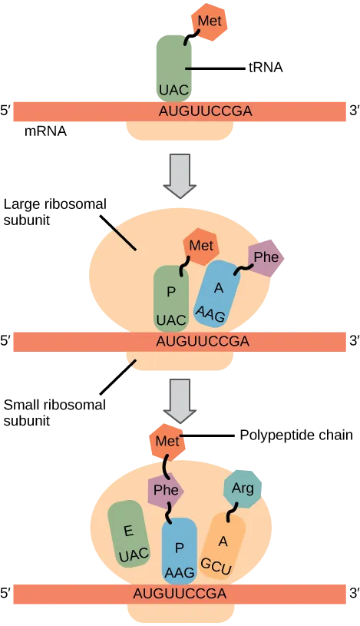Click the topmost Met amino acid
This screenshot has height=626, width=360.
[x=208, y=21]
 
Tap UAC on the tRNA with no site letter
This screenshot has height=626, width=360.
[x=173, y=90]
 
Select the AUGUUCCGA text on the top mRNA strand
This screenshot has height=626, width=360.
[x=205, y=111]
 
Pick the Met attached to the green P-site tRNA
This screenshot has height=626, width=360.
[x=201, y=247]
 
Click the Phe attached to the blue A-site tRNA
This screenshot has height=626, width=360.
[x=266, y=257]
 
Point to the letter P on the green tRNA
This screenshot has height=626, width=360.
[x=171, y=291]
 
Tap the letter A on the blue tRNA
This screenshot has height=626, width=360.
[x=219, y=287]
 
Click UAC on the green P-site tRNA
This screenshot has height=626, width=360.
[x=170, y=320]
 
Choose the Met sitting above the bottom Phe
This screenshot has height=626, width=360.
[x=167, y=442]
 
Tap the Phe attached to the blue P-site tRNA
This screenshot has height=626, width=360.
[x=166, y=490]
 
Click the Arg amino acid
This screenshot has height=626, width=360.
[x=243, y=489]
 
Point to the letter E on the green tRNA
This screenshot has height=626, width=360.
[x=128, y=531]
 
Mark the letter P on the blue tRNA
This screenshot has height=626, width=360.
[x=180, y=548]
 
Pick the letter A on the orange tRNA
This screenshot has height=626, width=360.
[x=223, y=541]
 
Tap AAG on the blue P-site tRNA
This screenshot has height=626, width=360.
[x=180, y=572]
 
